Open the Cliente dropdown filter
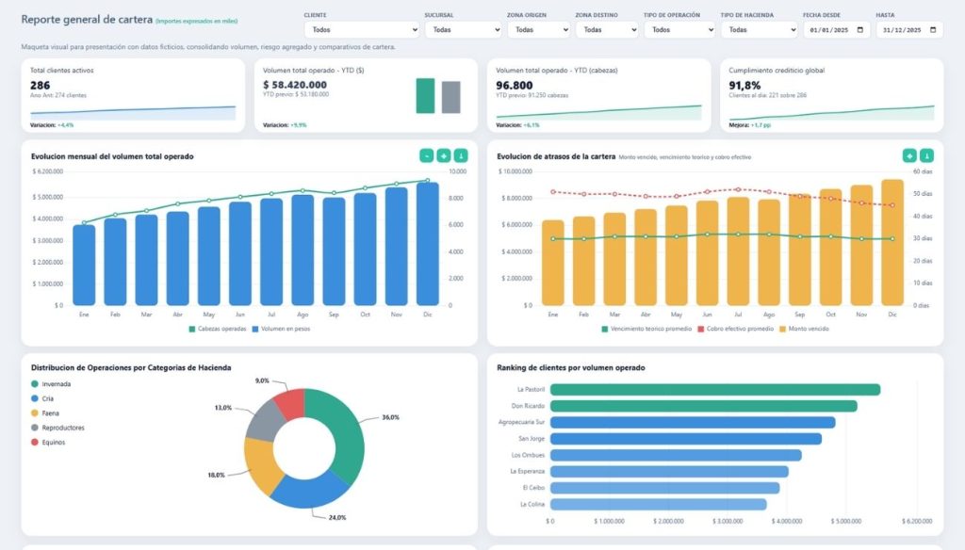[362, 29]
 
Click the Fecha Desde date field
[836, 29]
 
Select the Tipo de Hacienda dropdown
[759, 29]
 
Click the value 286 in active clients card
[41, 85]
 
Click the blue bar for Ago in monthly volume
[303, 250]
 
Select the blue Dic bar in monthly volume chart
[427, 243]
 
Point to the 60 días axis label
[924, 171]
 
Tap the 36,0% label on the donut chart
[389, 417]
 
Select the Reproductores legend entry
[62, 427]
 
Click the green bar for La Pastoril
[714, 389]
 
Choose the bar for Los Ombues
[675, 455]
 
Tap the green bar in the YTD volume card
[425, 95]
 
